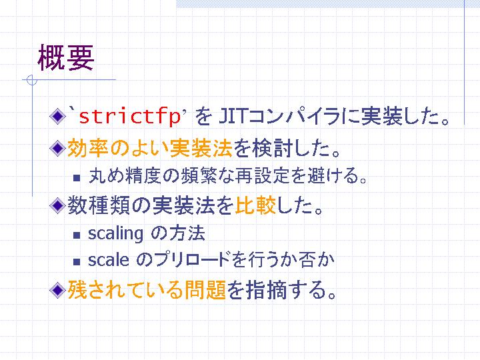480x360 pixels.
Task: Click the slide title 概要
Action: click(65, 58)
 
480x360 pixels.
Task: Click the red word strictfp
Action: click(129, 117)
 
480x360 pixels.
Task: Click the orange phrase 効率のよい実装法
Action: click(150, 148)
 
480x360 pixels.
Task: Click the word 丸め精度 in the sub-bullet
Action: click(125, 176)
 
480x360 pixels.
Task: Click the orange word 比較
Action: click(255, 205)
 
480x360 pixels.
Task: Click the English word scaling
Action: click(115, 234)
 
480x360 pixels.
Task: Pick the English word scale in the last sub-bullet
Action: click(108, 260)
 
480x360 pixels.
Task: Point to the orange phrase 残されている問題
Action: click(147, 290)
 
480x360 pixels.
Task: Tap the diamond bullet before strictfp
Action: click(57, 117)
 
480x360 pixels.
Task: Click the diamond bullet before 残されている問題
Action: click(57, 290)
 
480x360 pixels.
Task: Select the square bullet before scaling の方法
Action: click(77, 235)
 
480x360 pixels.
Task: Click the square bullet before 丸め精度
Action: click(77, 178)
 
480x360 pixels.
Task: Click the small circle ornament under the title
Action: click(32, 80)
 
